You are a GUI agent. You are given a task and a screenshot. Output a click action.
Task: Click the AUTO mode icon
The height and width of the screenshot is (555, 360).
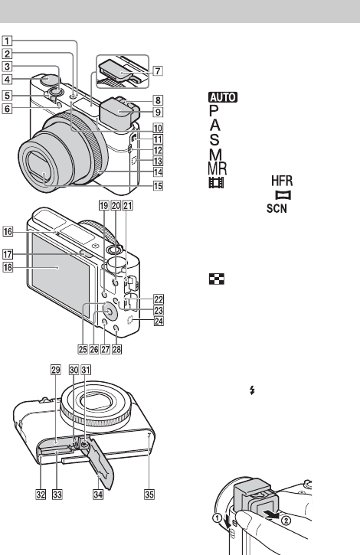[x=223, y=97]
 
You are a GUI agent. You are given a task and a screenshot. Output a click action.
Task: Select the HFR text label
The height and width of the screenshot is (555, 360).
[x=282, y=181]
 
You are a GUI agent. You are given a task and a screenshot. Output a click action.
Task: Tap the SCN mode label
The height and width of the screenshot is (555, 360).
[x=277, y=208]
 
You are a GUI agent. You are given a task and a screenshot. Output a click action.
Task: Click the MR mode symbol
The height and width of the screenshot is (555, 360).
[x=218, y=169]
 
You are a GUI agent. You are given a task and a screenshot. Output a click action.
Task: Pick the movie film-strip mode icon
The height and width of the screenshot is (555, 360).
[x=217, y=183]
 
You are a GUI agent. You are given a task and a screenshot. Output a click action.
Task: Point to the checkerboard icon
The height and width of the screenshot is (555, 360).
[x=217, y=279]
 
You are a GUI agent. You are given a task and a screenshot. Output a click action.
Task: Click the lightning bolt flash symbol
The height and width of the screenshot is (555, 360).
[x=252, y=390]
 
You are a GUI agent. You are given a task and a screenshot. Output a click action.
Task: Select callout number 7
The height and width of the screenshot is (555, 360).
[x=158, y=70]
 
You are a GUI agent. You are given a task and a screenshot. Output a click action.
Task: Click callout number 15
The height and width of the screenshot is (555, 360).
[x=158, y=185]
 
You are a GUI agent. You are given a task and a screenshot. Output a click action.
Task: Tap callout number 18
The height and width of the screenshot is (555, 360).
[x=8, y=267]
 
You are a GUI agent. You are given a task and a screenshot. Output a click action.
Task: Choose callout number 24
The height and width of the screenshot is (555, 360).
[x=159, y=322]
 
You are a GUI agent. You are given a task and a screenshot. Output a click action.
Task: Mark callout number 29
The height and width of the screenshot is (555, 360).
[x=56, y=371]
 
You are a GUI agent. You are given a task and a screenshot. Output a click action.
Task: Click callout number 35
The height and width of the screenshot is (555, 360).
[x=149, y=494]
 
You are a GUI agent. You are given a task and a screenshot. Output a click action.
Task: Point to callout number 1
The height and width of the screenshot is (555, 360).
[x=7, y=41]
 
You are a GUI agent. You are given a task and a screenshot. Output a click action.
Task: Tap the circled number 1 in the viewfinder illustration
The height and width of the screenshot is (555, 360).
[x=218, y=517]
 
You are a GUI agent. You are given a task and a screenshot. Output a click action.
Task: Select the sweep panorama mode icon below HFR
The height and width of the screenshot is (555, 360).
[x=283, y=195]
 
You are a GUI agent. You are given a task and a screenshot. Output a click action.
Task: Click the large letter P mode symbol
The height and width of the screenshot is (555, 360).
[x=214, y=111]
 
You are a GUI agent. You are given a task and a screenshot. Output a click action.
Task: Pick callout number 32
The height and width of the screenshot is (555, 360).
[x=41, y=494]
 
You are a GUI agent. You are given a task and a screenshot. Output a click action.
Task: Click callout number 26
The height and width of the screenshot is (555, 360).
[x=94, y=349]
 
